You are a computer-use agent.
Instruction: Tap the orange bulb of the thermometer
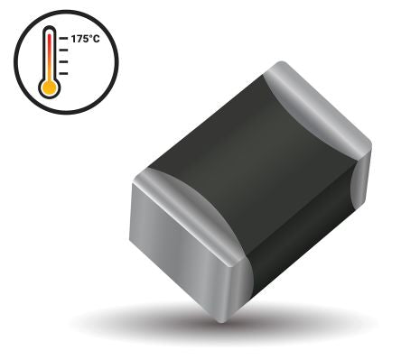coord(49,88)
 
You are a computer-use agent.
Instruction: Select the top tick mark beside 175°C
coord(63,41)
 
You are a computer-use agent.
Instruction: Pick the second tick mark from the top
coord(63,51)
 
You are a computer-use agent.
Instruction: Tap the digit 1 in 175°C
coord(72,41)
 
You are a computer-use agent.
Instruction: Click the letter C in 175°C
coord(96,41)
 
